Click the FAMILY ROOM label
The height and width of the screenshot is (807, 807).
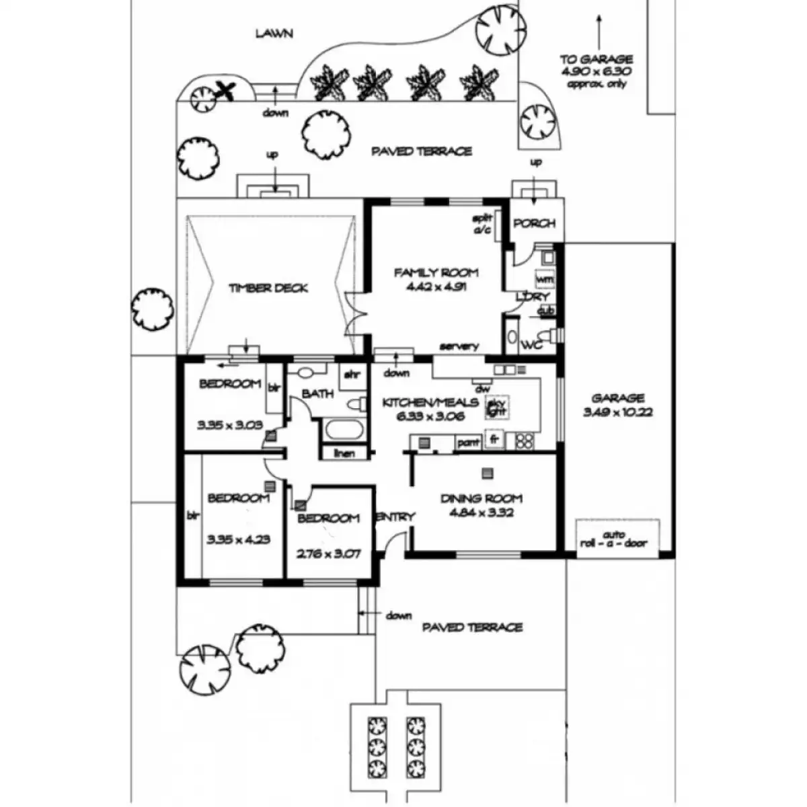click(436, 273)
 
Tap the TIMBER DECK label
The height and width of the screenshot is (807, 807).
click(268, 289)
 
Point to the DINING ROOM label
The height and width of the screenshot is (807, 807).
click(482, 499)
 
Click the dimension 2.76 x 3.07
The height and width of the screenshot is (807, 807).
click(329, 555)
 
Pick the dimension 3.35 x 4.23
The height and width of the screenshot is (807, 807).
click(239, 539)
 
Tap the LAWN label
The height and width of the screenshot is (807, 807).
click(274, 33)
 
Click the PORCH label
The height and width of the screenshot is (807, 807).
click(534, 223)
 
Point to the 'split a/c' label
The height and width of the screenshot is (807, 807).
click(483, 225)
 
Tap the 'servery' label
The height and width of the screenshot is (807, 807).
click(459, 346)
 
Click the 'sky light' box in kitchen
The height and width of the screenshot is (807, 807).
click(496, 408)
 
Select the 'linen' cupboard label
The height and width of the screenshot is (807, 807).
click(344, 453)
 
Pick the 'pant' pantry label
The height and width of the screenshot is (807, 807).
click(468, 443)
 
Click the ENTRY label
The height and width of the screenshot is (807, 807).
click(395, 516)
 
